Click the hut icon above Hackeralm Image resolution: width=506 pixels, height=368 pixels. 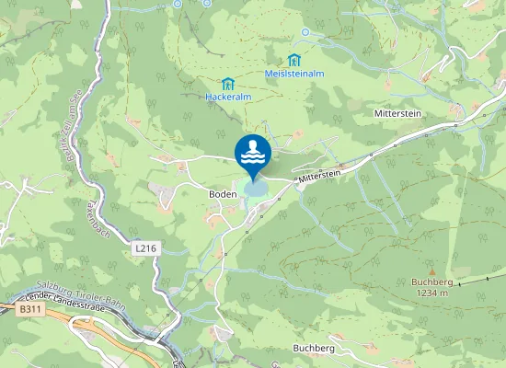226,83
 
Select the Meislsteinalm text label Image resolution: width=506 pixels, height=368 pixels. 294,73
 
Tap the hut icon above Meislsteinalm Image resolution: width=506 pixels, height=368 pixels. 294,60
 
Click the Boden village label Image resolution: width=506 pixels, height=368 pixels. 223,194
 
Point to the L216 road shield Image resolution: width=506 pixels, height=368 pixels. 144,248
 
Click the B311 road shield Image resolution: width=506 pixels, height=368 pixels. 29,310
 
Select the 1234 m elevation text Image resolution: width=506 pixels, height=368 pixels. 430,293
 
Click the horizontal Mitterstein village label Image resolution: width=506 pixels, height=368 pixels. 397,112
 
